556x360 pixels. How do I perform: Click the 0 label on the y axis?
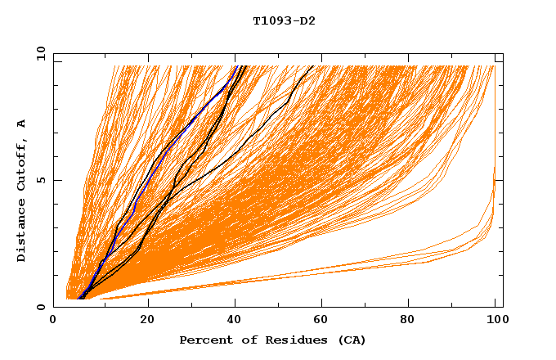pyautogui.click(x=41, y=307)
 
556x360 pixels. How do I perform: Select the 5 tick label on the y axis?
pyautogui.click(x=41, y=180)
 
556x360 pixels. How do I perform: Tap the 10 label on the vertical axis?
pyautogui.click(x=38, y=53)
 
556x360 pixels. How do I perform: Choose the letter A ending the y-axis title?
pyautogui.click(x=22, y=124)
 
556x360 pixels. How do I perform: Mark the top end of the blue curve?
pyautogui.click(x=235, y=66)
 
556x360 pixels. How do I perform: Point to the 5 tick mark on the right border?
pyautogui.click(x=498, y=180)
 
